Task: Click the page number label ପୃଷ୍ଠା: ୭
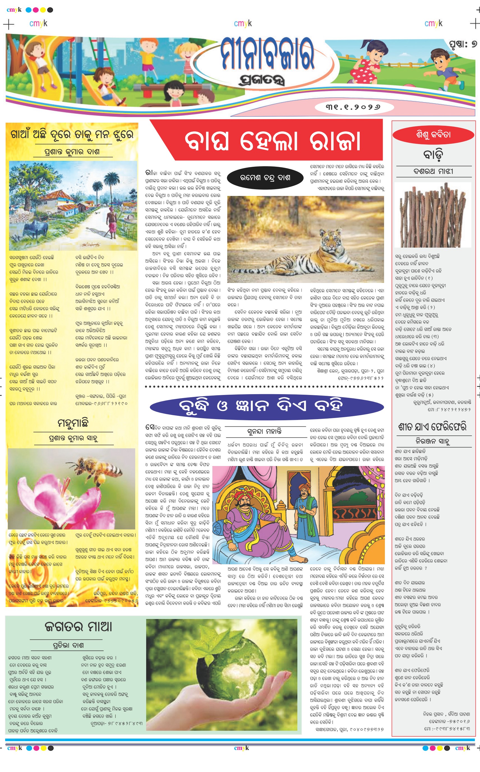463,44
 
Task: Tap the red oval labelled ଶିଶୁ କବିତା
433,135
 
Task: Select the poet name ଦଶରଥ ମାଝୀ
433,172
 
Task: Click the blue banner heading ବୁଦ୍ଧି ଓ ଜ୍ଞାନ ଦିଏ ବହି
267,406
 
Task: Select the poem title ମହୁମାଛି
73,423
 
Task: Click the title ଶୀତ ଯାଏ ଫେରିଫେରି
432,427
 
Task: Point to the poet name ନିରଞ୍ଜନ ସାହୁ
432,441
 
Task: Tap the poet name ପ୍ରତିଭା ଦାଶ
68,645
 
